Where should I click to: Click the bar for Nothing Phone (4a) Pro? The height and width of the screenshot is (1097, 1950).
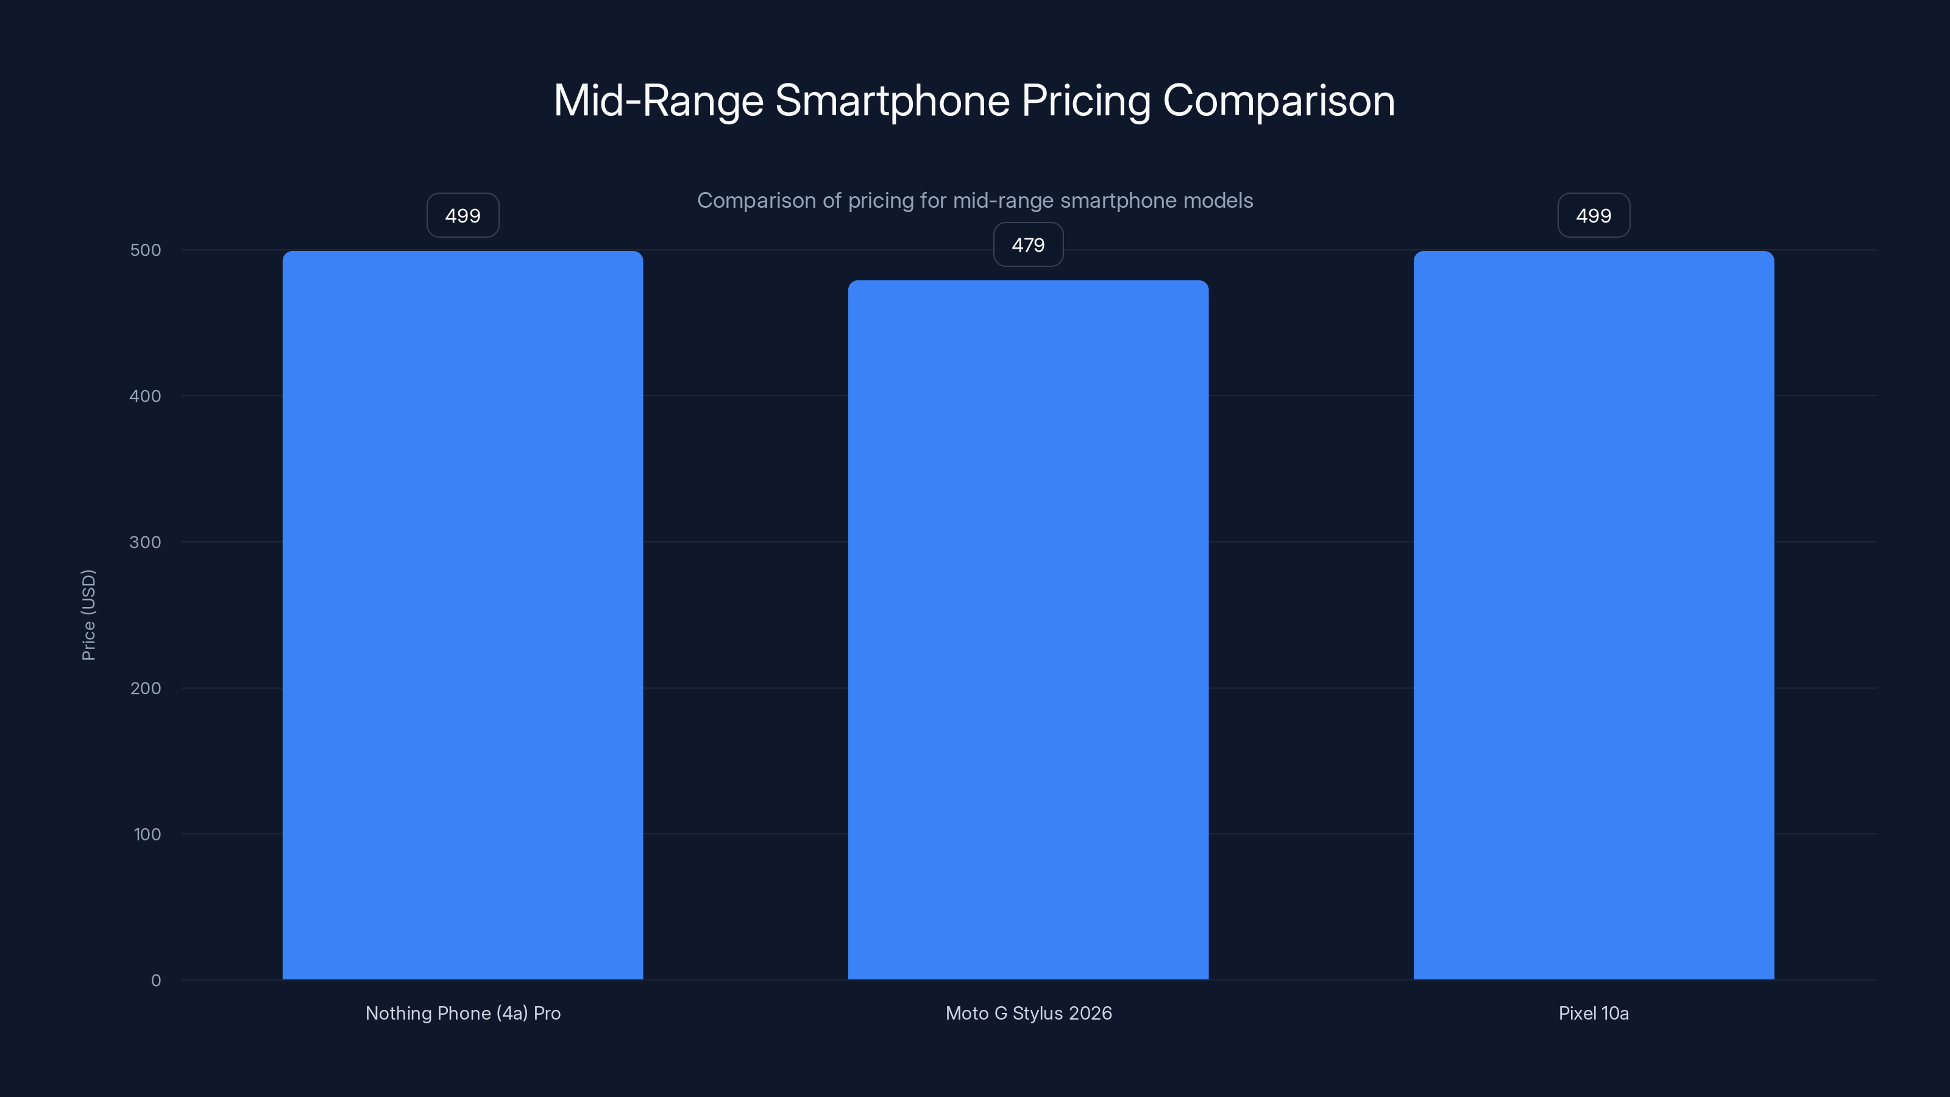463,615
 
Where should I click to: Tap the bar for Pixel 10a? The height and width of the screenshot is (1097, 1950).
1594,615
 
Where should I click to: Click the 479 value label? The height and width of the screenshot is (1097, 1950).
1028,244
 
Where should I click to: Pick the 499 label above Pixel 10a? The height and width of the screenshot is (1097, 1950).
1594,216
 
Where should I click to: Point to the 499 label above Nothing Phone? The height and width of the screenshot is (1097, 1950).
463,216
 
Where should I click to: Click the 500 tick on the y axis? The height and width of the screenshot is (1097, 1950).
146,250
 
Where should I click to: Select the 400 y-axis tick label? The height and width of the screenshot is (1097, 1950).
146,396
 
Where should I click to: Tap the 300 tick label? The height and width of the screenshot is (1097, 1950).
146,542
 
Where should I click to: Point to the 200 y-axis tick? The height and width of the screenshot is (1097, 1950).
146,688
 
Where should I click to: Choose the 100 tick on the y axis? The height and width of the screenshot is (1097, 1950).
147,834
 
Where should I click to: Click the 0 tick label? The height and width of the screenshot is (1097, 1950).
156,981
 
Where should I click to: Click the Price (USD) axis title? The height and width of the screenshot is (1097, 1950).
88,615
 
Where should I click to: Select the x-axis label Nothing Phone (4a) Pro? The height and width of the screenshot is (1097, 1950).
463,1013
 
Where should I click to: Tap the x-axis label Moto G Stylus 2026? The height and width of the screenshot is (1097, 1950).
1028,1013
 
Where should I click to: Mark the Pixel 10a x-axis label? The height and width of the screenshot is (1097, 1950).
1594,1013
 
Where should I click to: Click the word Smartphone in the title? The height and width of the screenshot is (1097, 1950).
892,101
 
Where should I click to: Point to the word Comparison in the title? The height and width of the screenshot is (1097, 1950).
1278,101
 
